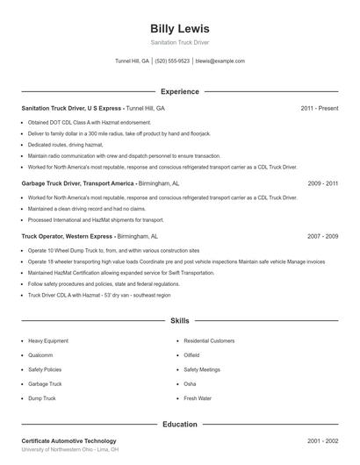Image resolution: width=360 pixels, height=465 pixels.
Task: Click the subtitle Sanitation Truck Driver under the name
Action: click(x=179, y=42)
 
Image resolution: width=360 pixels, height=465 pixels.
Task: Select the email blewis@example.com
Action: click(x=220, y=61)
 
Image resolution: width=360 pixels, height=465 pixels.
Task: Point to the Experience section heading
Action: click(x=179, y=91)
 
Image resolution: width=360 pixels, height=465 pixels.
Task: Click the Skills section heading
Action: click(x=179, y=322)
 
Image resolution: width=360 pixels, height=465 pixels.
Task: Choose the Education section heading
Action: click(x=179, y=425)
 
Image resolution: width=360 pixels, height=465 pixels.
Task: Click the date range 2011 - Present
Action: click(x=319, y=108)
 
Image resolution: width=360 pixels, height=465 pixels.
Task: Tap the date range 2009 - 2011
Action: click(x=322, y=184)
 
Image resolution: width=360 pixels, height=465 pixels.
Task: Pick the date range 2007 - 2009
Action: click(x=322, y=237)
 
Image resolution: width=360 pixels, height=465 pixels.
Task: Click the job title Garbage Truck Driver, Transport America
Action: click(x=78, y=184)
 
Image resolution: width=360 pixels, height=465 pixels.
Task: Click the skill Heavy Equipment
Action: click(x=47, y=340)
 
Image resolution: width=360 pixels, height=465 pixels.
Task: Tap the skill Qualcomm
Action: click(x=40, y=355)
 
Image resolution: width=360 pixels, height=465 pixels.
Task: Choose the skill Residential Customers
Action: click(x=209, y=340)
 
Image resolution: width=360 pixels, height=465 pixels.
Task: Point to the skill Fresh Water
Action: click(x=198, y=398)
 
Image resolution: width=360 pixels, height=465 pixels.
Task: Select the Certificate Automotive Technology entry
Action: click(x=68, y=440)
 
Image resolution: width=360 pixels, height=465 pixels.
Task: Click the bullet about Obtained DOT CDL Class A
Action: click(x=90, y=122)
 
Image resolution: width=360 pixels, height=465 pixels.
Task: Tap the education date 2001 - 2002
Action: click(x=322, y=440)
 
